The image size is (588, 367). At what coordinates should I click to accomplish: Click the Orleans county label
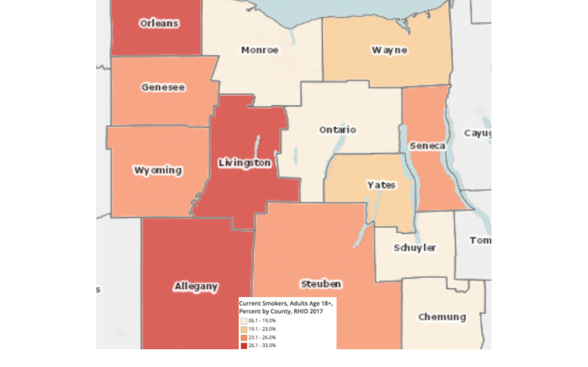(x=159, y=24)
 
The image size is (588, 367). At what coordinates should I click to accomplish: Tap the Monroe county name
(x=260, y=50)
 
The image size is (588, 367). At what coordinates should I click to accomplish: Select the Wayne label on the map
(x=389, y=50)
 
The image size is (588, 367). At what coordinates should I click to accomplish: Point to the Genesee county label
(x=163, y=87)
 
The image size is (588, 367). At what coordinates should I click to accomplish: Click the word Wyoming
(x=158, y=170)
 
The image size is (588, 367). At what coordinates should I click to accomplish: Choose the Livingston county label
(x=245, y=163)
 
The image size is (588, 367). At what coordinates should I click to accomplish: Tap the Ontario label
(x=338, y=130)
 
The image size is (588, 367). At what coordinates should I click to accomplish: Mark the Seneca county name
(x=427, y=146)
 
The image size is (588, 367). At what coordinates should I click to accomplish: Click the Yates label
(x=381, y=185)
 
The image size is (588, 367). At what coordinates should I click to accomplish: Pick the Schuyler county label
(x=415, y=248)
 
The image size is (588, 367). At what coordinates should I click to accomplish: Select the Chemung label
(x=442, y=317)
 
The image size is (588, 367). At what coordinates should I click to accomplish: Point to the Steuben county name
(x=321, y=284)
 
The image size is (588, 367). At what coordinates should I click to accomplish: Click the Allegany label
(x=196, y=287)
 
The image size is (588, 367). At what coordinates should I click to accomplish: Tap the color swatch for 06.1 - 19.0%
(x=243, y=321)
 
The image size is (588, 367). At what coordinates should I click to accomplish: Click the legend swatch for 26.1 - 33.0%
(x=243, y=345)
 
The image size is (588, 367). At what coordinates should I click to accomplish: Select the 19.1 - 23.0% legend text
(x=262, y=329)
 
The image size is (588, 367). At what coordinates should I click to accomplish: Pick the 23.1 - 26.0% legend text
(x=262, y=337)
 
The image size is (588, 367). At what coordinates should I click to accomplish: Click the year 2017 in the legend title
(x=316, y=311)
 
